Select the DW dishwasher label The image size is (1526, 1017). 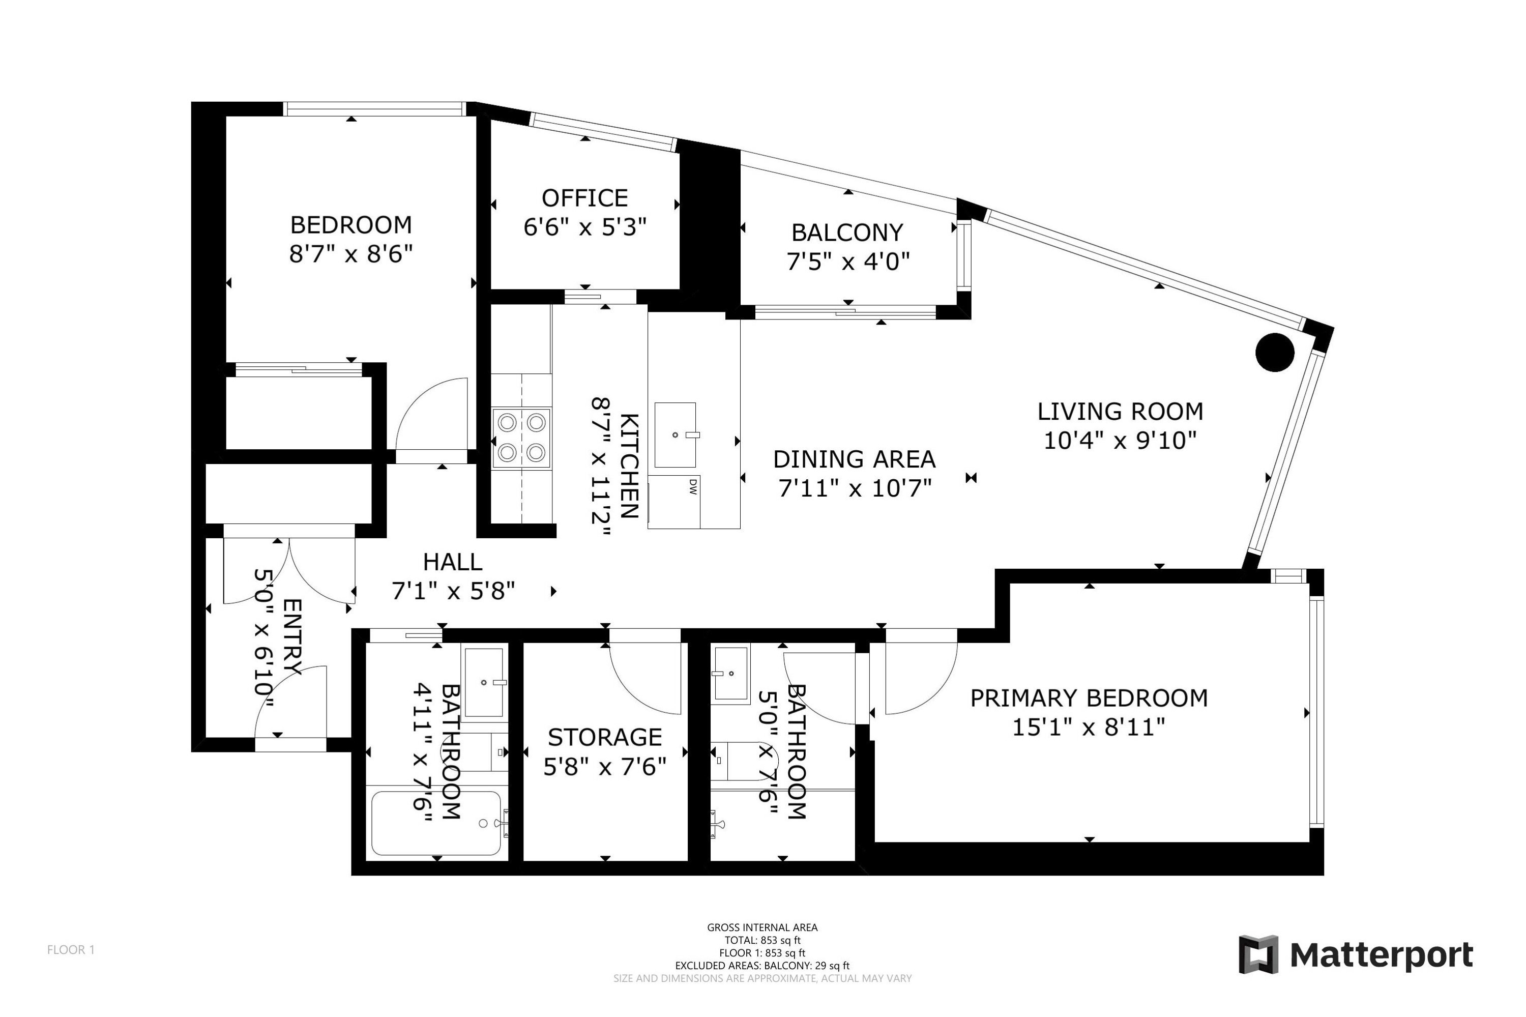coord(692,486)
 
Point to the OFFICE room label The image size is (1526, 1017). coord(584,198)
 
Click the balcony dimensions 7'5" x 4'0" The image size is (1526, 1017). coord(847,261)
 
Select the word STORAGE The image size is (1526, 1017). coord(604,738)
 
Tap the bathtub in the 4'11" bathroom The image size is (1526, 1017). coord(436,823)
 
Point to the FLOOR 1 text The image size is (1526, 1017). coord(71,949)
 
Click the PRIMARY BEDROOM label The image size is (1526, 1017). coord(1088,698)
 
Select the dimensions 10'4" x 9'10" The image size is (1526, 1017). coord(1120,441)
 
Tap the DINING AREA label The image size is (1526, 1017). coord(854,459)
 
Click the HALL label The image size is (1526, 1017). coord(452,562)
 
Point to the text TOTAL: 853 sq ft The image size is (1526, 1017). coord(762,940)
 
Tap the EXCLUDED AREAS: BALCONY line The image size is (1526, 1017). coord(762,965)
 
